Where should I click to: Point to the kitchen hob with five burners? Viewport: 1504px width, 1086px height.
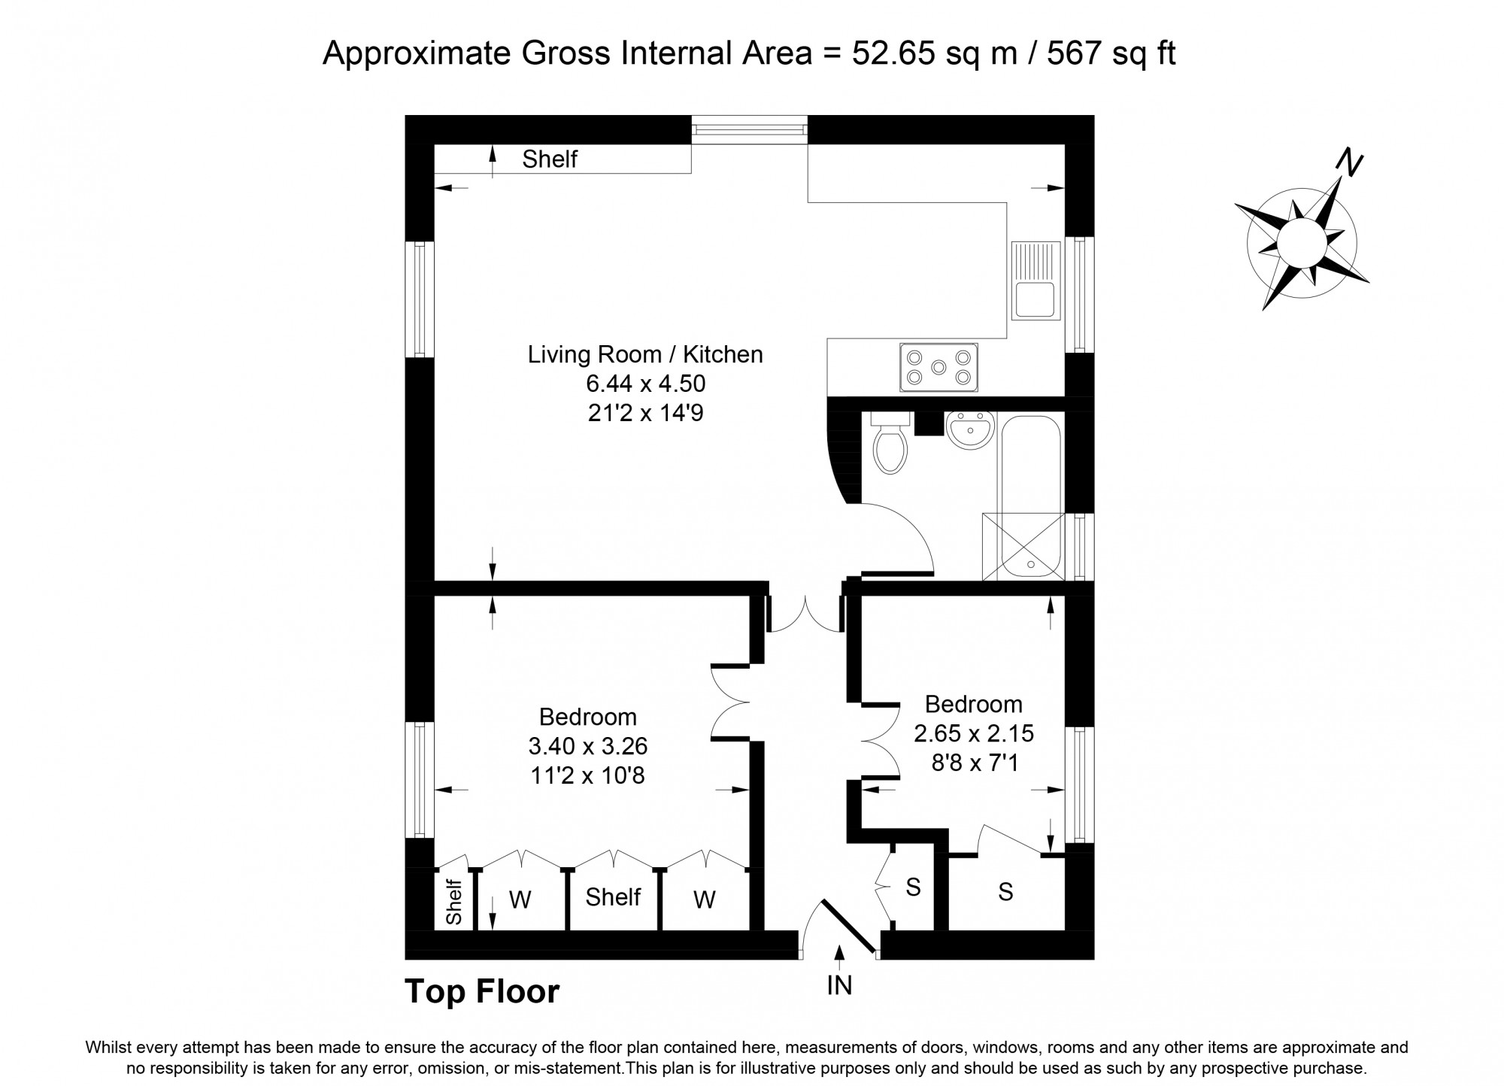tap(938, 367)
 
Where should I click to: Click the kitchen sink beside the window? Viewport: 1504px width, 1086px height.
tap(1036, 281)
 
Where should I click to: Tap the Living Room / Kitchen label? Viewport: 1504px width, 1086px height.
tap(645, 354)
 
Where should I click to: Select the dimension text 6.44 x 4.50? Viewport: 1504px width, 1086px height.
tap(646, 384)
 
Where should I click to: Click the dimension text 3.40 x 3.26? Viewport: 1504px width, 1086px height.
tap(587, 746)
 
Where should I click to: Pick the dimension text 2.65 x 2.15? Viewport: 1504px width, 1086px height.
tap(974, 733)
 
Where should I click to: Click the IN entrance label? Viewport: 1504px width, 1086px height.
tap(839, 985)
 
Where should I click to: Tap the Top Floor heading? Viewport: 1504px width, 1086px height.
tap(482, 991)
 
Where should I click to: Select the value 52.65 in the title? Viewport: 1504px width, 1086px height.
tap(893, 53)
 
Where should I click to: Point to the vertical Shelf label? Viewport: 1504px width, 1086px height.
tap(453, 902)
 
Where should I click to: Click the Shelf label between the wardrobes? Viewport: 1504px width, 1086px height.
tap(613, 896)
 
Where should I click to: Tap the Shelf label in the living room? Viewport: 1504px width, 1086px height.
tap(550, 159)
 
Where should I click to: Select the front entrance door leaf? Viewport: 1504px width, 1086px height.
tap(849, 927)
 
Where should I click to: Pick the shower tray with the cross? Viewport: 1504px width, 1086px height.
tap(1024, 547)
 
